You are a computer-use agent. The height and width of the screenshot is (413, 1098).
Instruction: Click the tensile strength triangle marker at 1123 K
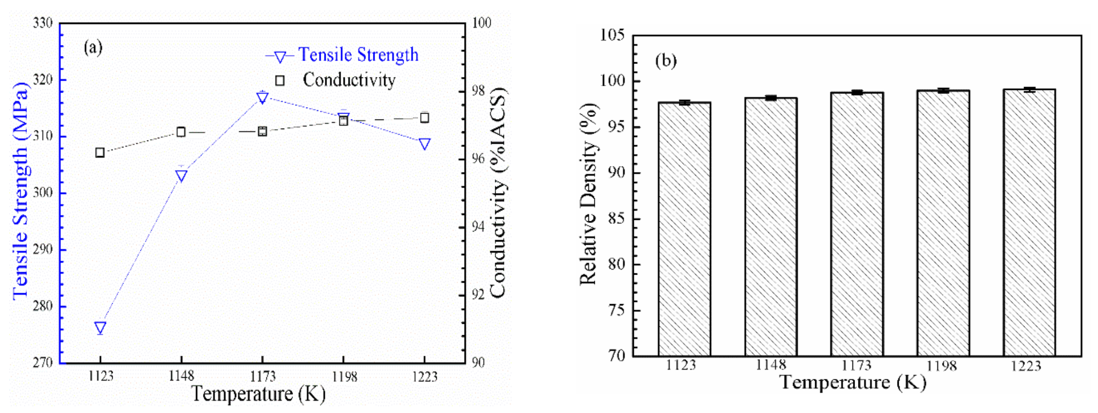click(100, 327)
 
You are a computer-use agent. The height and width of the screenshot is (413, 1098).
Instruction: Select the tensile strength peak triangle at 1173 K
click(263, 98)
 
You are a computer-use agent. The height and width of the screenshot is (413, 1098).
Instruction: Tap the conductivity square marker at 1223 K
click(425, 118)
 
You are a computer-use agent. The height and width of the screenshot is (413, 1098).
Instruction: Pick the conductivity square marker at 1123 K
click(100, 152)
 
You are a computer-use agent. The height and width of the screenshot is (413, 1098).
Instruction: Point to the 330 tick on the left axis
click(42, 23)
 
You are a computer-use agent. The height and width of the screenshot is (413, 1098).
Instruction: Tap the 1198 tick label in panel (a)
click(343, 376)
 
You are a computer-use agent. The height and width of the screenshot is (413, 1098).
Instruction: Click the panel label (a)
click(93, 48)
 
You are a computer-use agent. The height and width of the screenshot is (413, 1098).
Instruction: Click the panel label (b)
click(666, 61)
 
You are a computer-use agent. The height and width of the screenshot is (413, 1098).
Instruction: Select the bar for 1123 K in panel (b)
click(684, 230)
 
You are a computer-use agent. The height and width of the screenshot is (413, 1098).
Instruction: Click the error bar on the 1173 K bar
click(857, 92)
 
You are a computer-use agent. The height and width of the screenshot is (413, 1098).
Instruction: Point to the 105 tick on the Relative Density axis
click(612, 35)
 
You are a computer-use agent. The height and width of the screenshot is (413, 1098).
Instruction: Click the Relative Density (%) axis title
click(589, 194)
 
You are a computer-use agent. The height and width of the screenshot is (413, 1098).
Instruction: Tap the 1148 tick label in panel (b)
click(771, 365)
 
